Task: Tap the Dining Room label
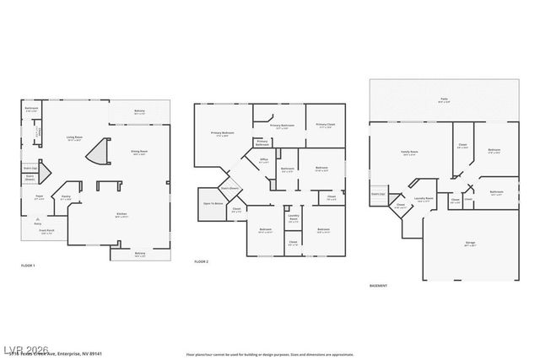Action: (139, 152)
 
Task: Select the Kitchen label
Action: (121, 214)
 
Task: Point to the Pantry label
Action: (65, 198)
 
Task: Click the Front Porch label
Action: (47, 233)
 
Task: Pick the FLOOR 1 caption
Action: (28, 266)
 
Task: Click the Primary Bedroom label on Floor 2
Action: (222, 133)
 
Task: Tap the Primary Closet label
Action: (326, 126)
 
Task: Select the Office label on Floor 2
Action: (263, 159)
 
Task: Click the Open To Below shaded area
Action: (213, 203)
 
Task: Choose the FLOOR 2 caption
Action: (202, 262)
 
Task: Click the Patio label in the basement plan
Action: (444, 100)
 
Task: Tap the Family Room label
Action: (410, 153)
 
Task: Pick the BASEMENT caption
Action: (379, 286)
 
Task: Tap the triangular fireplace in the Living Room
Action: (100, 153)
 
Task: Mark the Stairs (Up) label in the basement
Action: (378, 193)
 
